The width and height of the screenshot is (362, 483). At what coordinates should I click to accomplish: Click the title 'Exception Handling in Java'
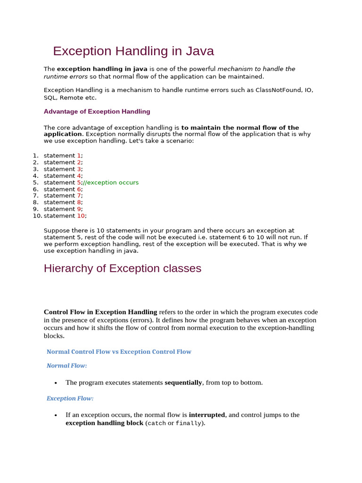[x=133, y=51]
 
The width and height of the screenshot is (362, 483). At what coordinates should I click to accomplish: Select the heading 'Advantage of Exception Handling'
[x=97, y=112]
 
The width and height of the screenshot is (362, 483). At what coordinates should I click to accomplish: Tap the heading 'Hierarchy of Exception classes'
[x=122, y=268]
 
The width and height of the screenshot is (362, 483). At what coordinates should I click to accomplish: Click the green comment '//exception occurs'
[x=111, y=183]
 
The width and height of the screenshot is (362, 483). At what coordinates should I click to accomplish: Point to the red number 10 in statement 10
[x=82, y=216]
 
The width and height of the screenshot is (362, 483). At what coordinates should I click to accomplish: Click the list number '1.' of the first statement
[x=35, y=156]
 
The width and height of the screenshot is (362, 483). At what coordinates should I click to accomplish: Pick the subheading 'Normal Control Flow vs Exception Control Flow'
[x=119, y=352]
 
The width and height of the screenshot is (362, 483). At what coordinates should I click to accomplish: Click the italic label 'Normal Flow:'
[x=66, y=366]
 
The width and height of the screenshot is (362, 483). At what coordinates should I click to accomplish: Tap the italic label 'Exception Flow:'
[x=70, y=399]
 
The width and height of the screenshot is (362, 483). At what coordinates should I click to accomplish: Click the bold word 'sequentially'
[x=183, y=383]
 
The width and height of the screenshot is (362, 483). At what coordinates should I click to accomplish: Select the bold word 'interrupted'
[x=207, y=415]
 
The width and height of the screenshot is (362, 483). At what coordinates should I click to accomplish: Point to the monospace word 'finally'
[x=188, y=424]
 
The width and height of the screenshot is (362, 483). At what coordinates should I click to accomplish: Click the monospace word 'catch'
[x=156, y=424]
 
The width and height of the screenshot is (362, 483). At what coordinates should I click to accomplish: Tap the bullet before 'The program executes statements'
[x=56, y=383]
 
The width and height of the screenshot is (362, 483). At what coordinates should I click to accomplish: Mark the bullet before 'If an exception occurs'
[x=56, y=415]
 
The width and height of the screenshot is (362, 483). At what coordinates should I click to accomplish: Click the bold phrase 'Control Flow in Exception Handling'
[x=100, y=312]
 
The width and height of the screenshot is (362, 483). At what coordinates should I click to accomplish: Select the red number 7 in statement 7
[x=80, y=196]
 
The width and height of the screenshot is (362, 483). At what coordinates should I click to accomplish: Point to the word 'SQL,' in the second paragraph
[x=50, y=98]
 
